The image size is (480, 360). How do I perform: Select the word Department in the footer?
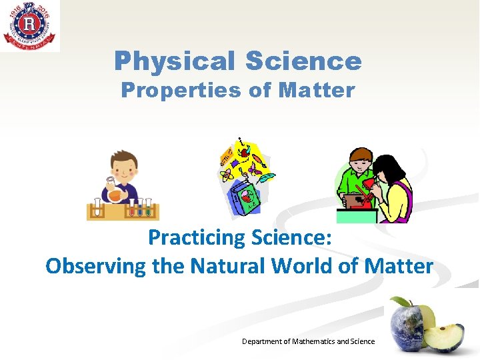[x=262, y=341]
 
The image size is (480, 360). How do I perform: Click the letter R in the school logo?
[x=29, y=25]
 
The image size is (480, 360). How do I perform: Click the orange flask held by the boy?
[x=114, y=195]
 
